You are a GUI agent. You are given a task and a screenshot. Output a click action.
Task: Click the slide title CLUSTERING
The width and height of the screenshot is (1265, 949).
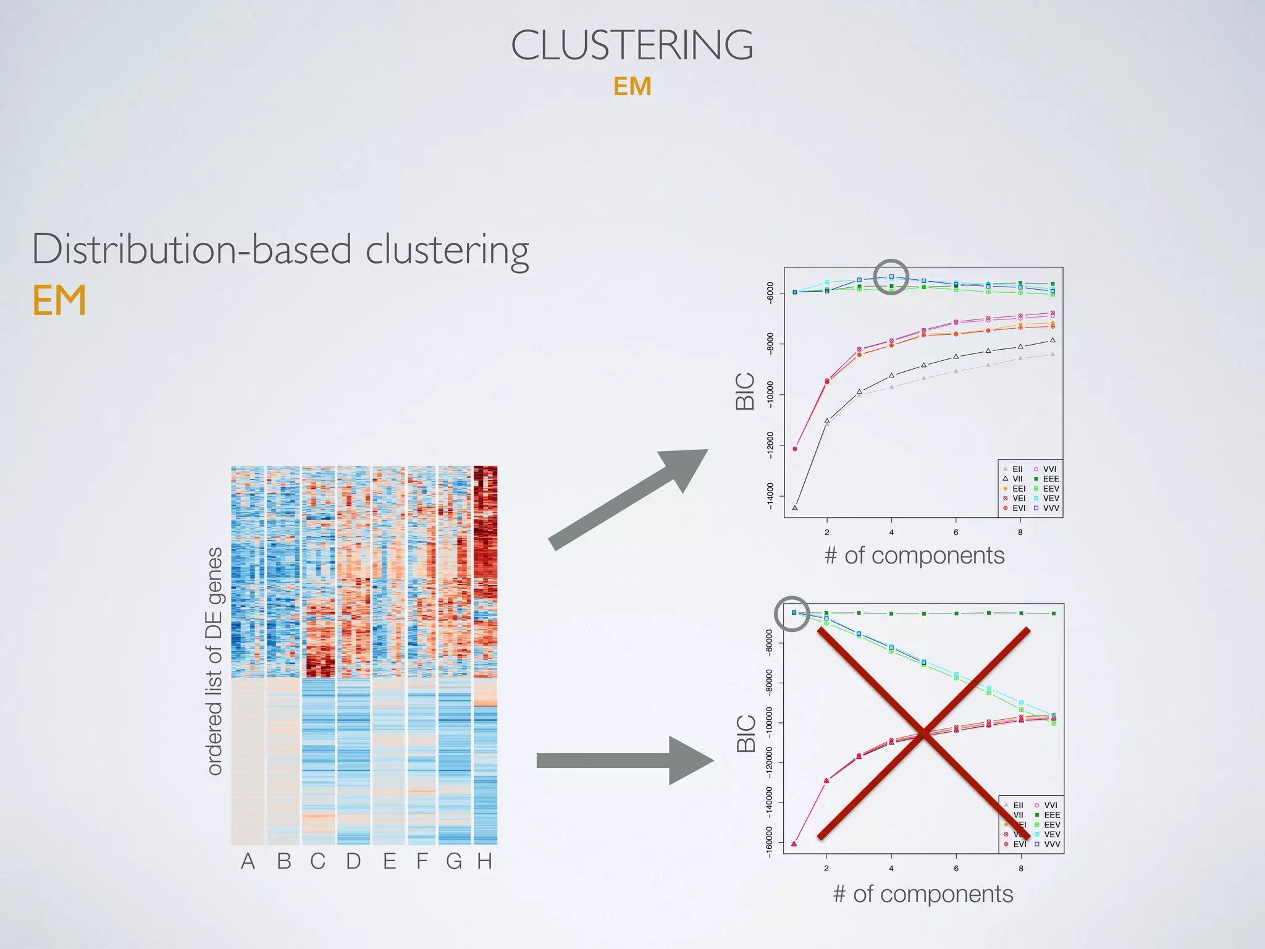(632, 46)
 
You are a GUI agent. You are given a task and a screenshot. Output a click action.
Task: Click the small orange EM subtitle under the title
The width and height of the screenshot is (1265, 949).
(632, 86)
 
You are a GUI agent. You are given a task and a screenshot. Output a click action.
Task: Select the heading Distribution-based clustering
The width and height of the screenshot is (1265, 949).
(280, 250)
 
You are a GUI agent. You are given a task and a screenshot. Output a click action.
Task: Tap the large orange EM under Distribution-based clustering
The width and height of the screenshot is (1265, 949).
(59, 301)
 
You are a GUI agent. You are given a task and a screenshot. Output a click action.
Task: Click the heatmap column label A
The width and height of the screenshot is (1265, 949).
(248, 861)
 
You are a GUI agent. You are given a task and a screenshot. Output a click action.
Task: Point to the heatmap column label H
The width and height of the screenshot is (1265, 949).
(484, 861)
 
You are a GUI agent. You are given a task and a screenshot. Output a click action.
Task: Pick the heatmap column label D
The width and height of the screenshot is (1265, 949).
(353, 861)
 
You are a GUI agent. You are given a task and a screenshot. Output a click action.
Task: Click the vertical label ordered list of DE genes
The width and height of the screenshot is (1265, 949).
(214, 661)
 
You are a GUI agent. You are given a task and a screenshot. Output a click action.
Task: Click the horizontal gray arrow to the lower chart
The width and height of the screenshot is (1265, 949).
(624, 761)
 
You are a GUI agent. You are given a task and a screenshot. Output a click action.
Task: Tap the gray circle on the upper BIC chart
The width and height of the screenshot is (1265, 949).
(891, 277)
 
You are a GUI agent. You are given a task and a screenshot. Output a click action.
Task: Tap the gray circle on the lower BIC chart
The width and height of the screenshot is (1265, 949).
(792, 614)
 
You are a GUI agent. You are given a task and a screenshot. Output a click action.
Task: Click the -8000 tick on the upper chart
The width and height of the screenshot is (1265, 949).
(770, 344)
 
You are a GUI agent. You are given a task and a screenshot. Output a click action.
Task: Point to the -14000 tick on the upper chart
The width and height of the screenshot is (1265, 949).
(770, 496)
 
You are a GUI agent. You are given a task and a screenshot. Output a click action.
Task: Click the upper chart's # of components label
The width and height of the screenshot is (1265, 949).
(914, 555)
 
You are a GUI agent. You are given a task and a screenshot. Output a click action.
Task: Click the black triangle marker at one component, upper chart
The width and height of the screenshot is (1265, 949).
(794, 508)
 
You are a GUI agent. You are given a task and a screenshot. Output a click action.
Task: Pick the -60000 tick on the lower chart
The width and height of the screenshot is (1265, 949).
(769, 643)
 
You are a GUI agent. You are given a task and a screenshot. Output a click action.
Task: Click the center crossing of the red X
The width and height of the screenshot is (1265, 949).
(923, 733)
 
